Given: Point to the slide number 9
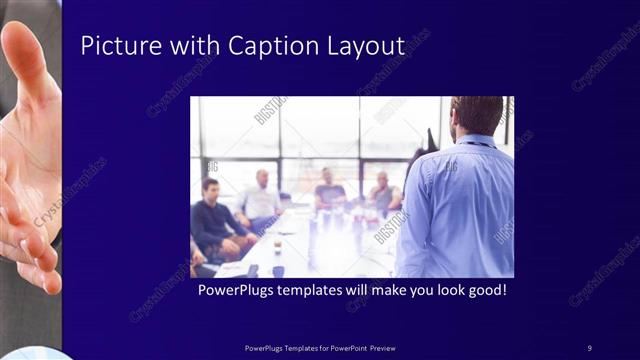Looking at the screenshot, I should click(589, 347).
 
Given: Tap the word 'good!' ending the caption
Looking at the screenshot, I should click(483, 291).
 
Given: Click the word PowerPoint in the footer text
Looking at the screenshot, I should click(346, 347).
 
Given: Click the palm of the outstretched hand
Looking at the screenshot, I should click(25, 160).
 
